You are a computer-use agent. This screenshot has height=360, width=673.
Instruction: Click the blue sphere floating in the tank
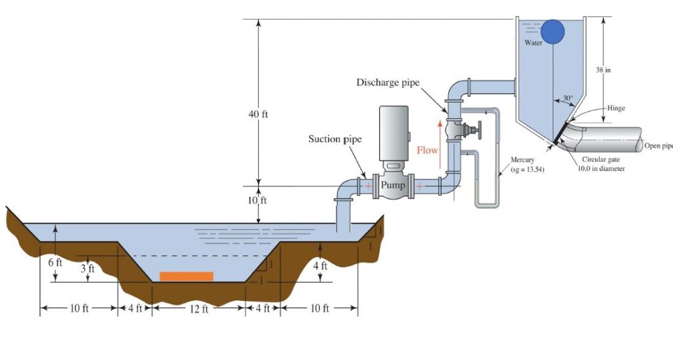click(553, 31)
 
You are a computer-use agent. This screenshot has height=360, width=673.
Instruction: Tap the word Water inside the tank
click(533, 43)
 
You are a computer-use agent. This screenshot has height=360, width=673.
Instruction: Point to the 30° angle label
click(567, 98)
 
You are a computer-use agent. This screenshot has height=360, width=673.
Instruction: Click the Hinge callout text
click(616, 108)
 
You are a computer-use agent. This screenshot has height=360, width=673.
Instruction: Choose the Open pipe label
click(658, 145)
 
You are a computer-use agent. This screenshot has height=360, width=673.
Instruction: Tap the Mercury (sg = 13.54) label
click(527, 165)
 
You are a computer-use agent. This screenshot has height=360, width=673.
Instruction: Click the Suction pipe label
click(335, 139)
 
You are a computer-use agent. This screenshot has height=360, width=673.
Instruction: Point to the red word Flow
click(427, 150)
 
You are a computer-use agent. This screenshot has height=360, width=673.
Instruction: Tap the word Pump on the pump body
click(392, 185)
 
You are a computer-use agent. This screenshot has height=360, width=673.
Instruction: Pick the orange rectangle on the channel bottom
click(187, 276)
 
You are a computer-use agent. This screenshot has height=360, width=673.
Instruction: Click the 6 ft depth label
click(55, 263)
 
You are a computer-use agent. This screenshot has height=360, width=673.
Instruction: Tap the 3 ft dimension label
click(87, 269)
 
